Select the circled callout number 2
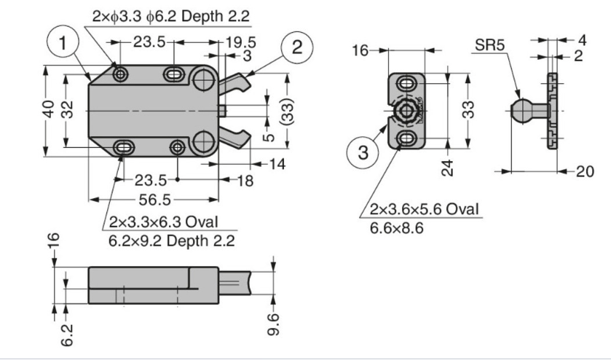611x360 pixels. [x=296, y=47]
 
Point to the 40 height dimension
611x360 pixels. [x=47, y=111]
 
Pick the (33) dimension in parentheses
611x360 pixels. [x=289, y=111]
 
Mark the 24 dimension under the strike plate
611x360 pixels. [x=449, y=168]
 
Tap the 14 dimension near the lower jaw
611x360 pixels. [x=276, y=165]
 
